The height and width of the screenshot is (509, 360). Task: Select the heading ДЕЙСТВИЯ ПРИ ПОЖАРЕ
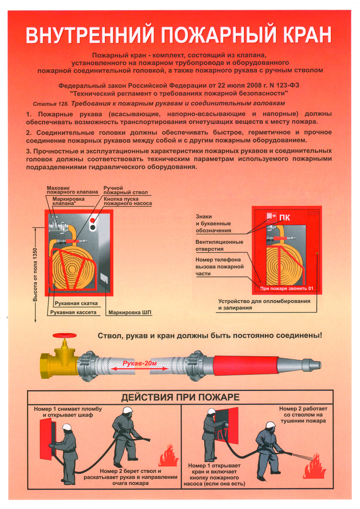(x=181, y=397)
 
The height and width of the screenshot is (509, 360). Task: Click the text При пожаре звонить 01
(x=286, y=288)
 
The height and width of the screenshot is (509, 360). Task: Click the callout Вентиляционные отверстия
(x=219, y=246)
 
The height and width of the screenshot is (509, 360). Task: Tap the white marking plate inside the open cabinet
(x=104, y=278)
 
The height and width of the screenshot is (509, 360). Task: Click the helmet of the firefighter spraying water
(x=270, y=425)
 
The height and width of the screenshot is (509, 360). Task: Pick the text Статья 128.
(x=51, y=104)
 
